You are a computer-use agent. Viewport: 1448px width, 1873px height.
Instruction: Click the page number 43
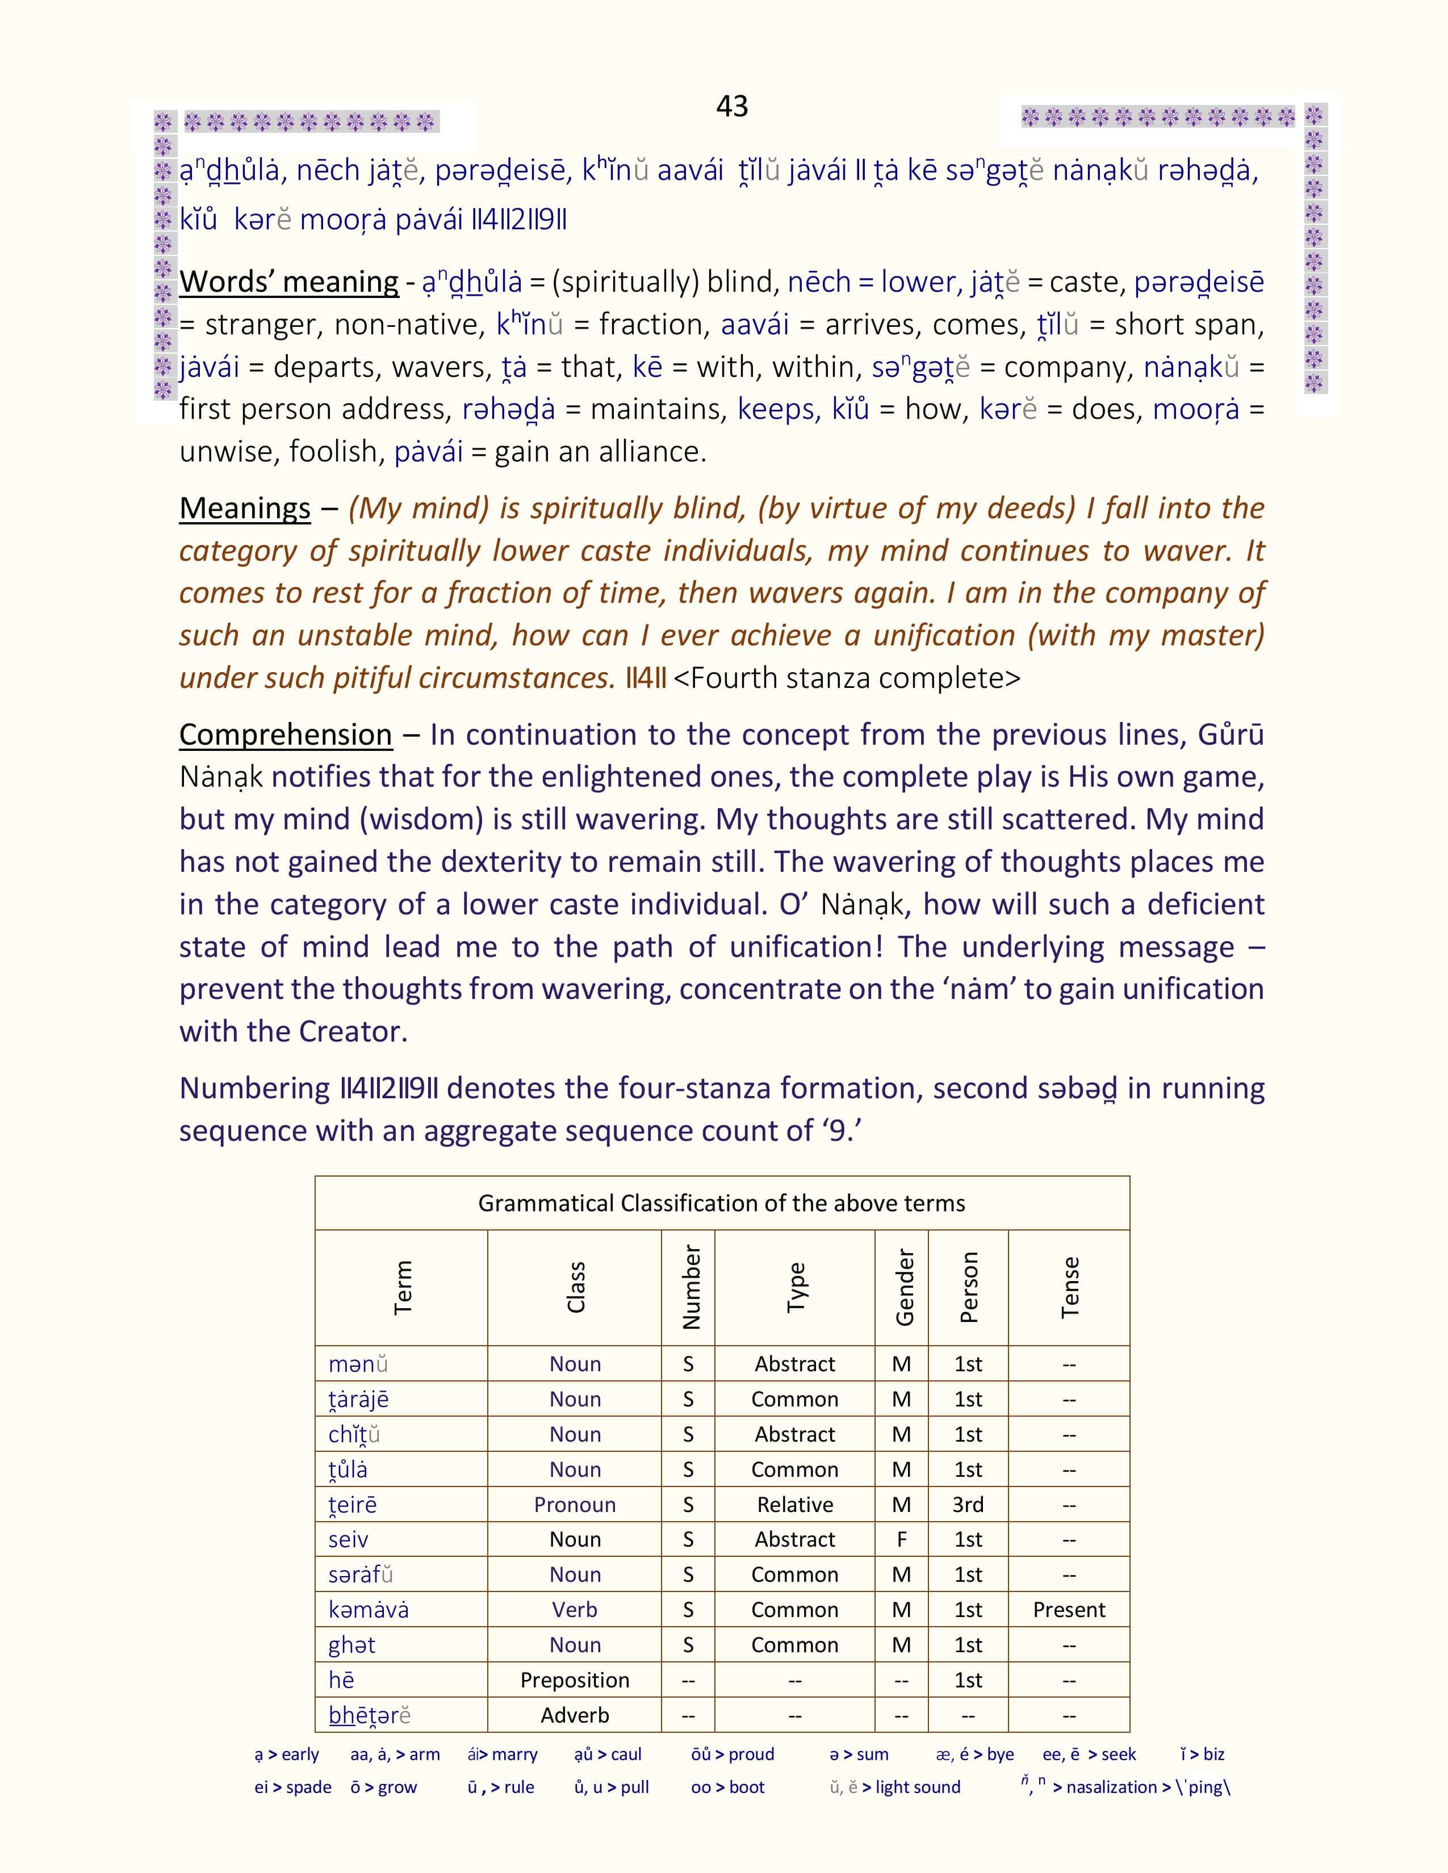tap(732, 106)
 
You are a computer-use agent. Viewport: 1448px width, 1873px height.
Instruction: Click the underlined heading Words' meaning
tap(289, 282)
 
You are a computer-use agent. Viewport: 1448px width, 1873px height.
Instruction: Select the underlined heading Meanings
tap(245, 509)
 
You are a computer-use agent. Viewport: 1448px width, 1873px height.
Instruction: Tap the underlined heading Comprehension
tap(286, 735)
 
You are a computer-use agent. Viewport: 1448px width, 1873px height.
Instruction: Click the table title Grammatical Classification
tap(721, 1203)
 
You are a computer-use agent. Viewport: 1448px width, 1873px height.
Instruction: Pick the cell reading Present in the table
tap(1069, 1610)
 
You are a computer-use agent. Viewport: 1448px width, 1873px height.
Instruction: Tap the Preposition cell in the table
tap(575, 1680)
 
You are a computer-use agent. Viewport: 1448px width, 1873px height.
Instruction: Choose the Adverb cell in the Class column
tap(575, 1715)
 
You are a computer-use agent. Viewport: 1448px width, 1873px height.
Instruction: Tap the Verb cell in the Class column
tap(575, 1610)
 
